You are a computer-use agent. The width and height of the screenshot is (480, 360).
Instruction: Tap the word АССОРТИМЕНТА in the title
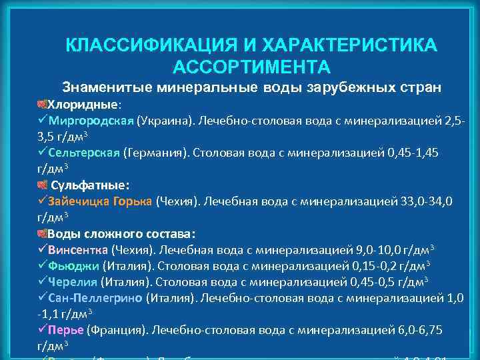(251, 67)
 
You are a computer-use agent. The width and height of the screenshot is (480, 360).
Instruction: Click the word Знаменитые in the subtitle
(107, 88)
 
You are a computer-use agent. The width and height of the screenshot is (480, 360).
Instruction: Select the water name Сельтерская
(83, 153)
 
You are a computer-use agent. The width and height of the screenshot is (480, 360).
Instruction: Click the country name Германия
(153, 153)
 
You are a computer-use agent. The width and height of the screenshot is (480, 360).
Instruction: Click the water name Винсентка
(78, 250)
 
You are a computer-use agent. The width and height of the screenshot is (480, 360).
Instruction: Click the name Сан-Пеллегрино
(95, 297)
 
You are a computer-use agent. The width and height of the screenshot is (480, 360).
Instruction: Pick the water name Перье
(66, 329)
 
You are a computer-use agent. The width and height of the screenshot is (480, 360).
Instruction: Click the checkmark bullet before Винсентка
(43, 250)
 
